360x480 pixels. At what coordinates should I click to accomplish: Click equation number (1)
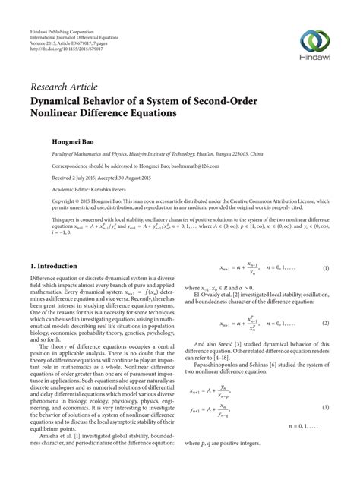(x=325, y=268)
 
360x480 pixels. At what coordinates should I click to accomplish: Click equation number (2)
(x=325, y=323)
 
